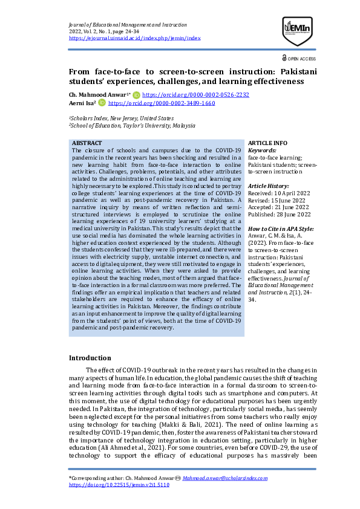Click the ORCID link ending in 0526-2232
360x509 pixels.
195,95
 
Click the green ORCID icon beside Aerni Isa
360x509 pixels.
102,103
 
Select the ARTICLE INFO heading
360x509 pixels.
268,143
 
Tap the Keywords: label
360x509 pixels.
262,149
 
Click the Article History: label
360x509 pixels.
269,186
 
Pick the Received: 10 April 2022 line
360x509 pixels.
278,193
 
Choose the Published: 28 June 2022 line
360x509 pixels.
279,214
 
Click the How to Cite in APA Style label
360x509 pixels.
281,229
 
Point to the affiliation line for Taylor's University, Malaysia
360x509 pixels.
132,126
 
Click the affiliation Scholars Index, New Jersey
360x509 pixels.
121,118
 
